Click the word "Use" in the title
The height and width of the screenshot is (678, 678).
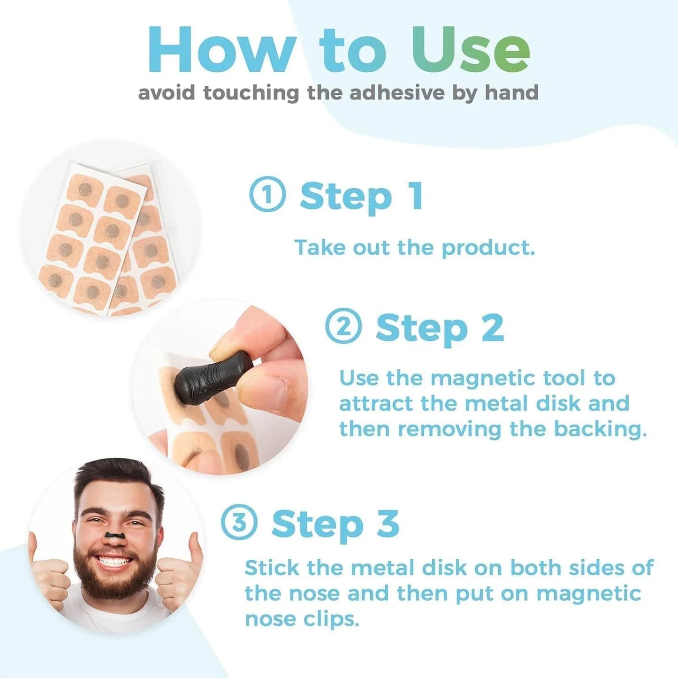tap(471, 51)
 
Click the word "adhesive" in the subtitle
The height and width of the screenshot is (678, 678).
tap(396, 92)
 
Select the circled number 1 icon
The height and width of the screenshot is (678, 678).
tap(267, 194)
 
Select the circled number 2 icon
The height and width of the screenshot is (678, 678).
tap(343, 326)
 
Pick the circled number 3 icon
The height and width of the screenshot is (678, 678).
tap(239, 522)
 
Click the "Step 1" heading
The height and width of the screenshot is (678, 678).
tap(361, 196)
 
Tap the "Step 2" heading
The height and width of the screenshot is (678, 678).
tap(440, 328)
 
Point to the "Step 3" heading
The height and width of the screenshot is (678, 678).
tap(335, 524)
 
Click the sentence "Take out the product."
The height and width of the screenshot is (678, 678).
tap(414, 248)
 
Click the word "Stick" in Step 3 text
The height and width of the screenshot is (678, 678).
tap(272, 568)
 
